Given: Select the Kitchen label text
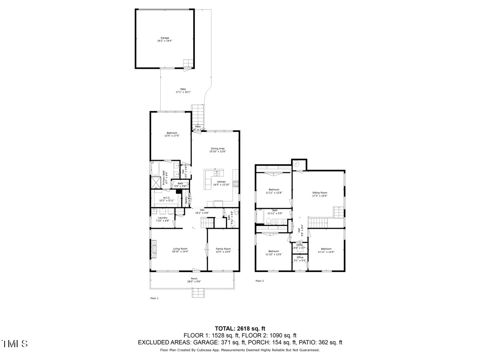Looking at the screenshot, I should pos(222,182).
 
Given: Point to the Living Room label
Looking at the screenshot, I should pos(180,248).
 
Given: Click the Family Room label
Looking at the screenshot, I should pos(223,248).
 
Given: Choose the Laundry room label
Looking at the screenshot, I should pos(162,218).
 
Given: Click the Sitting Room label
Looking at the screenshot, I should pos(320,193).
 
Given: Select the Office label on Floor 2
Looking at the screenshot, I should pos(300,257).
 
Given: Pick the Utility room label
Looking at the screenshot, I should pos(300,245).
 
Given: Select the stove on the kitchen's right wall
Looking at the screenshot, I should pos(236,184).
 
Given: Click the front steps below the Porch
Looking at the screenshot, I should pos(198,293).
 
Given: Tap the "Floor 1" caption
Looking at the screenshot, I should pos(154,298).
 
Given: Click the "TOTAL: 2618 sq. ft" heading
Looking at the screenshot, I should pos(240,328).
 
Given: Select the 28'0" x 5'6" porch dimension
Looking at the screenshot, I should pos(194,282).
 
